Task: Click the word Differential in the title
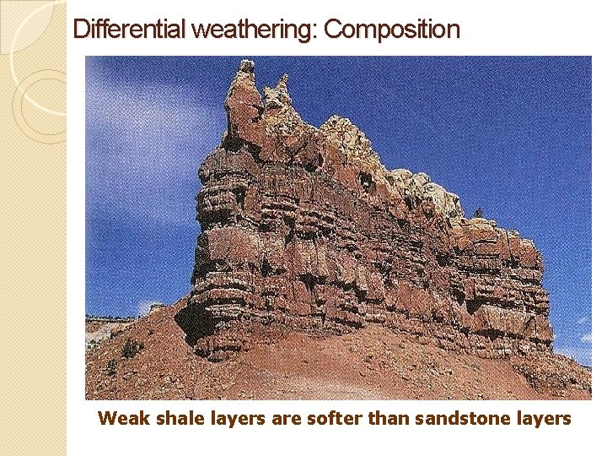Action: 131,30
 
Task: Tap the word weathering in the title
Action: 254,30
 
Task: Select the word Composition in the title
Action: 392,30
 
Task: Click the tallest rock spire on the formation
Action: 245,84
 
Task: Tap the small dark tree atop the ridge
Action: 480,212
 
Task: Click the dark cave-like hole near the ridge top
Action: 365,180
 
